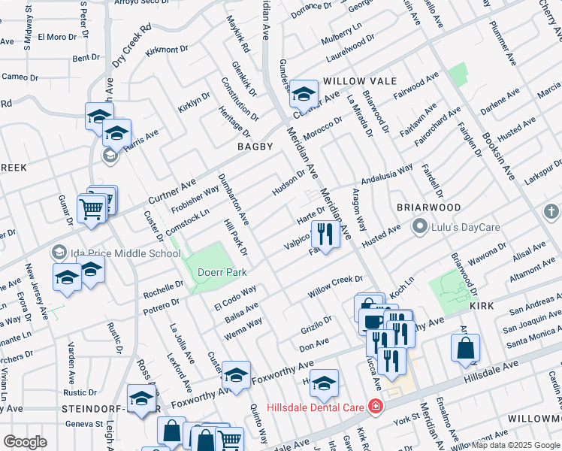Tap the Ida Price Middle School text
point(125,253)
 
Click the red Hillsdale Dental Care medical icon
point(375,406)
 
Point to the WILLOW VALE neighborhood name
point(353,81)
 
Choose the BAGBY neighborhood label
point(255,147)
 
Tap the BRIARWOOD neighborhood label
point(428,207)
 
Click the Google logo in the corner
point(25,442)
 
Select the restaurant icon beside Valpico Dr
point(325,235)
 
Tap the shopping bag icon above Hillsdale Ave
point(465,349)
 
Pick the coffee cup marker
point(372,320)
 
